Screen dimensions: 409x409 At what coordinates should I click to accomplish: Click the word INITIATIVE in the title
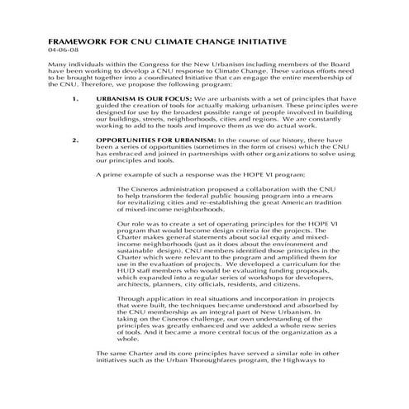(258, 40)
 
